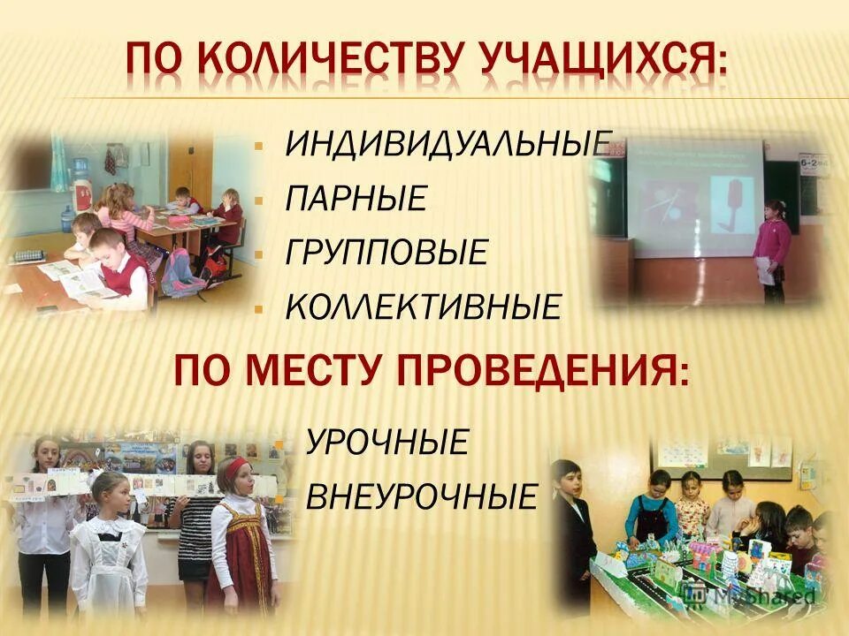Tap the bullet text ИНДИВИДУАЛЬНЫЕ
[447, 144]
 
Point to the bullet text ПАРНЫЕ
[356, 198]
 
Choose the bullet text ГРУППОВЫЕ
[386, 253]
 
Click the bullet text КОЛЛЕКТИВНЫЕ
[423, 307]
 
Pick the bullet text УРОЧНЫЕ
[386, 442]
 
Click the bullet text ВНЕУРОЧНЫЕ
[421, 496]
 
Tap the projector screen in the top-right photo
[694, 185]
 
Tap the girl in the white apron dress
[109, 548]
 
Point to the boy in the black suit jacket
[575, 530]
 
